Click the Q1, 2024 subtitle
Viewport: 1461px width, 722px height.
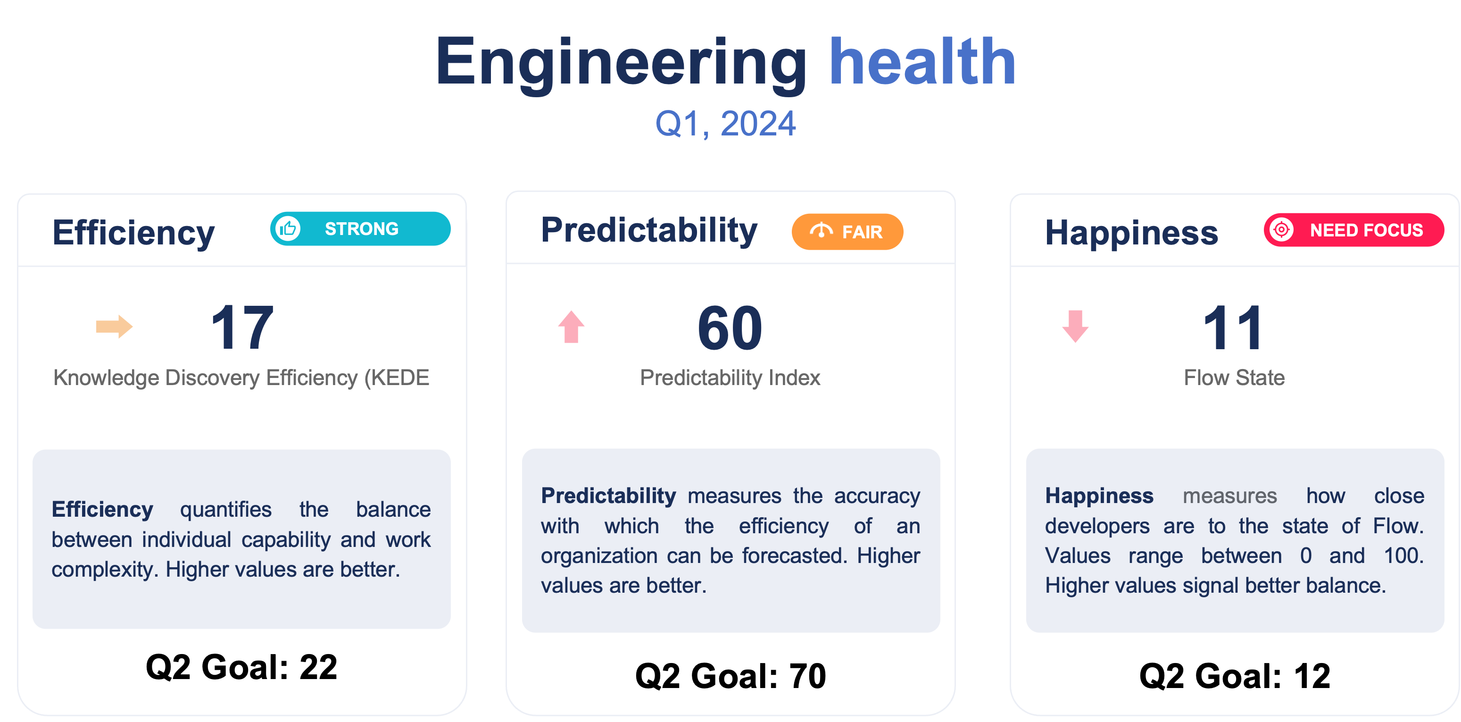725,124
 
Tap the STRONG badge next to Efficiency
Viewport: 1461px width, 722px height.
360,229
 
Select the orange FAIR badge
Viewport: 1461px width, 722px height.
847,232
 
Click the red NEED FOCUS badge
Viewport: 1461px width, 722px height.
1354,230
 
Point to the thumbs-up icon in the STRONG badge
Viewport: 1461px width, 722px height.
288,229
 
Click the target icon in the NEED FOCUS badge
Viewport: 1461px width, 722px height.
1281,230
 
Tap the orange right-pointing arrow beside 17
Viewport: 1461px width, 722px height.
114,327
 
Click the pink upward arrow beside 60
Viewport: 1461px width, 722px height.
571,327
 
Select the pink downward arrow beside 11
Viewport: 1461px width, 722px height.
1075,327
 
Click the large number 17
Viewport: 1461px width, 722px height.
243,327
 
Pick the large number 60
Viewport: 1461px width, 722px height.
730,328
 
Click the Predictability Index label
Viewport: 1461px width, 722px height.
730,378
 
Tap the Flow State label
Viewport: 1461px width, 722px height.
1234,378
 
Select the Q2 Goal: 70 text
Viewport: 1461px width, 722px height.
730,676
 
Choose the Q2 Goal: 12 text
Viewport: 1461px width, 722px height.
1235,676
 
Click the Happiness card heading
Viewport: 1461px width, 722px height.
1131,233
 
